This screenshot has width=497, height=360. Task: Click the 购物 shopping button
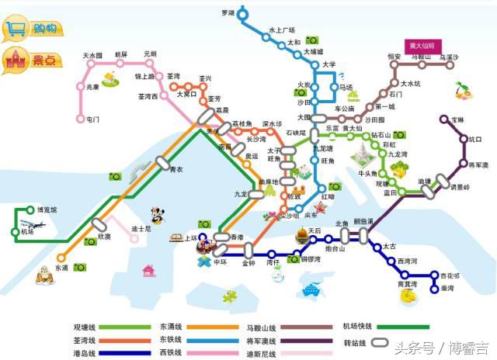[x=32, y=29]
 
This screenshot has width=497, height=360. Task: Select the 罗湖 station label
[x=227, y=13]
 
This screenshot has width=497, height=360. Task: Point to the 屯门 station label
[x=93, y=119]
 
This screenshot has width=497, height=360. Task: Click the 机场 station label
[x=28, y=231]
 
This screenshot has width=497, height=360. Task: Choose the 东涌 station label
[x=62, y=267]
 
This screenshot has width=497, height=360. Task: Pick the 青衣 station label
[x=176, y=169]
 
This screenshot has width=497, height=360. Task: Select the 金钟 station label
[x=248, y=263]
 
